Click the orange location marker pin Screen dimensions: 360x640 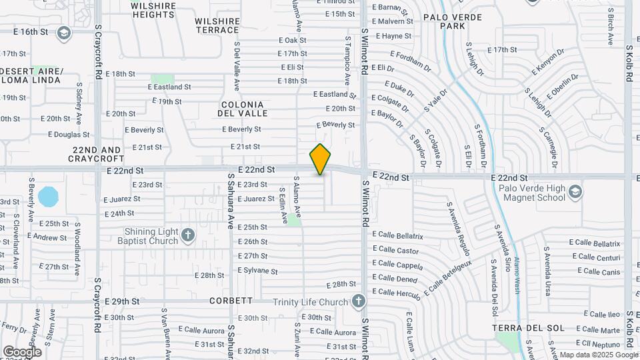coord(320,159)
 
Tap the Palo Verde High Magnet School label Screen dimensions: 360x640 coord(531,193)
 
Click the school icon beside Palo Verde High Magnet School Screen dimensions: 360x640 coord(575,193)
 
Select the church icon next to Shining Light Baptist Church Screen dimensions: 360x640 coord(188,235)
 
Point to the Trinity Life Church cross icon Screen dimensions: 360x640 coord(359,301)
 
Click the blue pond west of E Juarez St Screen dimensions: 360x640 coord(48,197)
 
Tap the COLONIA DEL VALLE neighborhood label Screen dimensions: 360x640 coord(243,109)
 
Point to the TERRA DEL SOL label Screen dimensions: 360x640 coord(528,328)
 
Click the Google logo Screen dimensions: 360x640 coord(22,351)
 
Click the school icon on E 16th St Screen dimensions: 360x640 coord(64,33)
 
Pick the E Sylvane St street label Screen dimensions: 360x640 coord(257,271)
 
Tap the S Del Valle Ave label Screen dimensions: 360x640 coord(236,67)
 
